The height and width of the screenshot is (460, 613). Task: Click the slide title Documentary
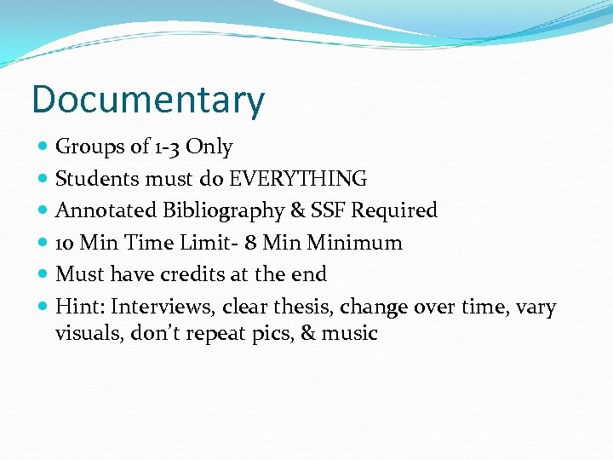pos(148,100)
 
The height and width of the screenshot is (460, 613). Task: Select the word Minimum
pos(355,243)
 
